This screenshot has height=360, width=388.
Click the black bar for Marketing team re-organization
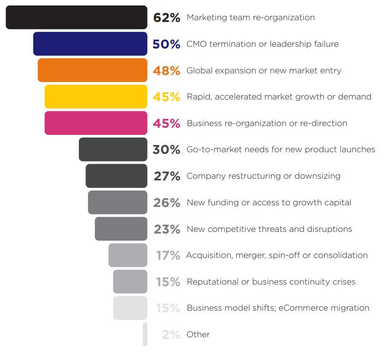coord(76,17)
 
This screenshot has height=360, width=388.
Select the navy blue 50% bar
coord(90,44)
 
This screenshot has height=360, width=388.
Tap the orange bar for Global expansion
coord(92,70)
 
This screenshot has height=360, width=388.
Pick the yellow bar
coord(96,97)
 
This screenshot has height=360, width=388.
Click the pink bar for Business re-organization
coord(96,123)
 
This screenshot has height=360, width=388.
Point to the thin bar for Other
coord(145,334)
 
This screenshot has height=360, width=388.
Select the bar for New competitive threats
coord(121,229)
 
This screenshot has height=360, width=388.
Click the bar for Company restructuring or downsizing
coord(116,176)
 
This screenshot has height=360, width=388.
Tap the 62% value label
coord(167,18)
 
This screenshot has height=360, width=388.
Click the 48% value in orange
coord(167,70)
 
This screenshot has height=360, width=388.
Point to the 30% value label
coord(167,150)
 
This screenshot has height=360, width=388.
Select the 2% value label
coord(171,335)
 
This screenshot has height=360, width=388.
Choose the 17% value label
coord(168,255)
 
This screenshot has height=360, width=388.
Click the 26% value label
coord(167,203)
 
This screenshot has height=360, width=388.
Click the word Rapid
coord(199,97)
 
